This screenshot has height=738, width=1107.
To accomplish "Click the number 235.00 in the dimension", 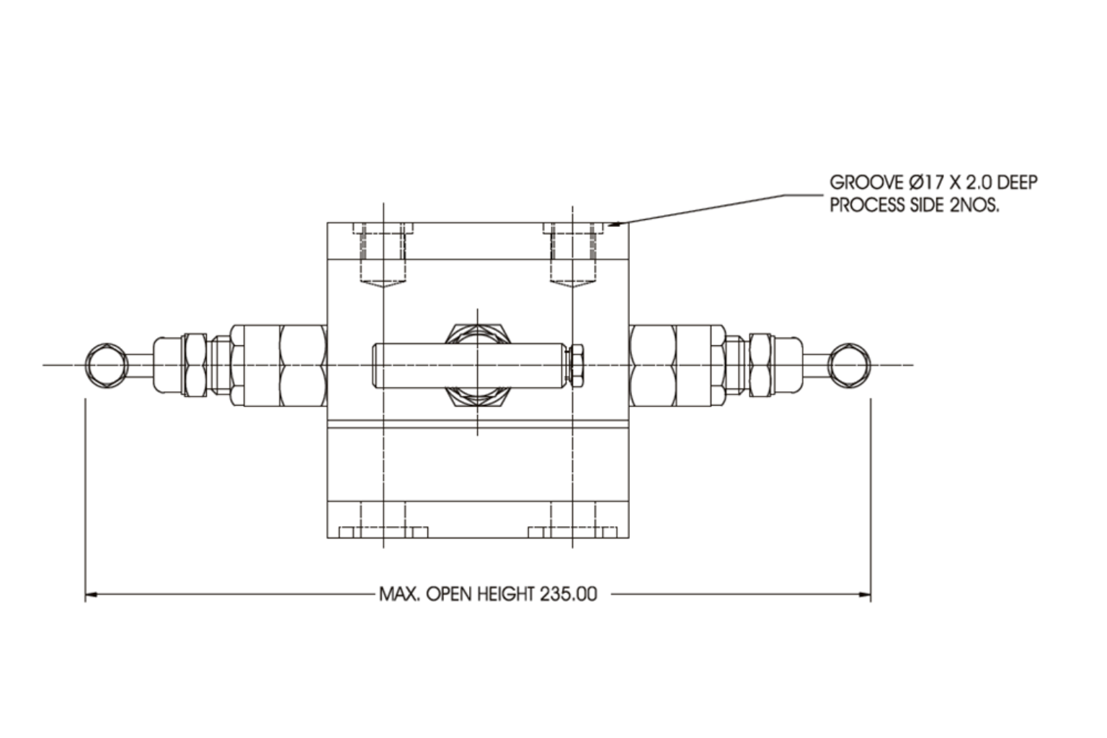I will click(568, 595).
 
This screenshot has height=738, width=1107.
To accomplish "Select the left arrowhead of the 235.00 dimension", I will click(91, 595).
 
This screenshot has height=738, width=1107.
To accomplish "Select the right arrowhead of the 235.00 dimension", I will click(865, 595).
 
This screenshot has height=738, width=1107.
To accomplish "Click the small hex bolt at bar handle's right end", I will click(577, 365).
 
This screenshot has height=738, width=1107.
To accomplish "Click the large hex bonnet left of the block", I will click(302, 365).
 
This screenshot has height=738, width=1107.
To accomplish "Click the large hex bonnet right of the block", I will click(652, 365).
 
